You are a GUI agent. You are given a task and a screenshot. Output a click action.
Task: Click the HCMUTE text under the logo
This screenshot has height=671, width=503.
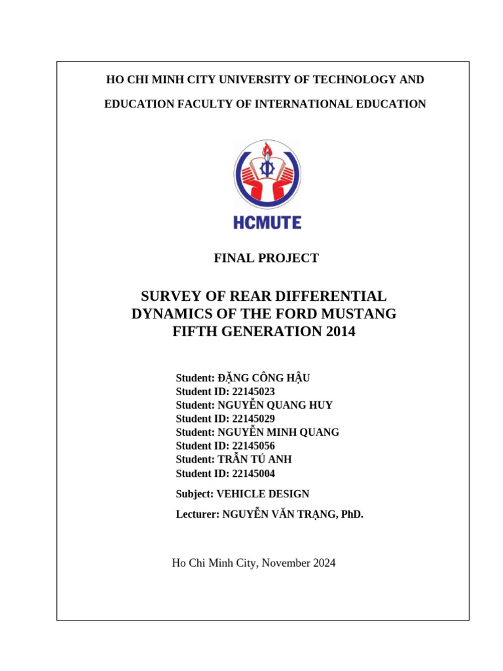pos(267,223)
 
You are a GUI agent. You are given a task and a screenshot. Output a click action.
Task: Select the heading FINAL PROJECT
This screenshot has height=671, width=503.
pos(266,258)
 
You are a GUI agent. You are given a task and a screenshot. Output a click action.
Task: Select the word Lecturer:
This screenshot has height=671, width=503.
pos(198,515)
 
